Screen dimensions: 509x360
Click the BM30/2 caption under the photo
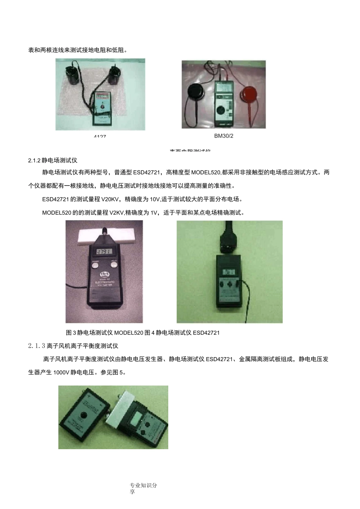tap(224, 136)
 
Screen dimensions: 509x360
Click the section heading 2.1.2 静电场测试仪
tap(53, 161)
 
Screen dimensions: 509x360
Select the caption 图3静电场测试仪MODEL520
tap(105, 333)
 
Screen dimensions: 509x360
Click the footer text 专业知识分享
tap(143, 489)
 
